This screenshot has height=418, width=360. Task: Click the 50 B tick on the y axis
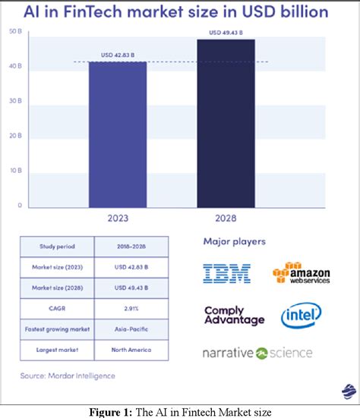(15, 31)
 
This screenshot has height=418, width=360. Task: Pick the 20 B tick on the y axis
(15, 136)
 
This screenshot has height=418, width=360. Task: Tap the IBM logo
(226, 274)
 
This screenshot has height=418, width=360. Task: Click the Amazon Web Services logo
(302, 274)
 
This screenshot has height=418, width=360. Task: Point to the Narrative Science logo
(257, 353)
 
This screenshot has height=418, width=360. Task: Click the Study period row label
(57, 247)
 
